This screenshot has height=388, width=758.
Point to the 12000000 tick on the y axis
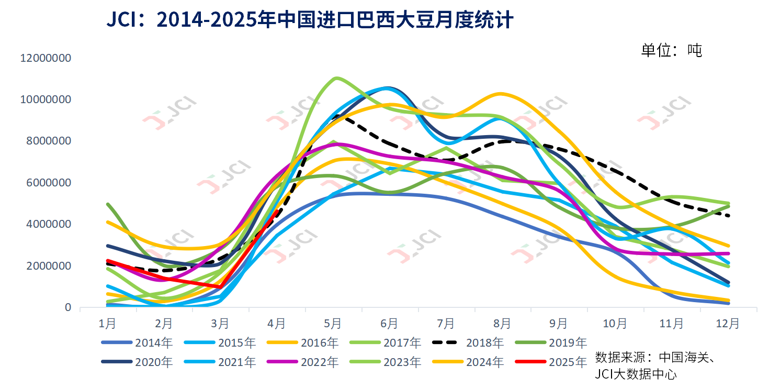pyautogui.click(x=45, y=58)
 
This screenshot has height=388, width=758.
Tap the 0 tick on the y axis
pyautogui.click(x=67, y=308)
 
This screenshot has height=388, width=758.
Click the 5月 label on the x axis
pyautogui.click(x=333, y=324)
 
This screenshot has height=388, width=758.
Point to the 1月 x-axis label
pyautogui.click(x=107, y=324)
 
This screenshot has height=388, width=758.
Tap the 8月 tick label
pyautogui.click(x=502, y=324)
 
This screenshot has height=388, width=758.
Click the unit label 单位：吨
pyautogui.click(x=671, y=50)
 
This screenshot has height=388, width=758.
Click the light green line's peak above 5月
pyautogui.click(x=335, y=78)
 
